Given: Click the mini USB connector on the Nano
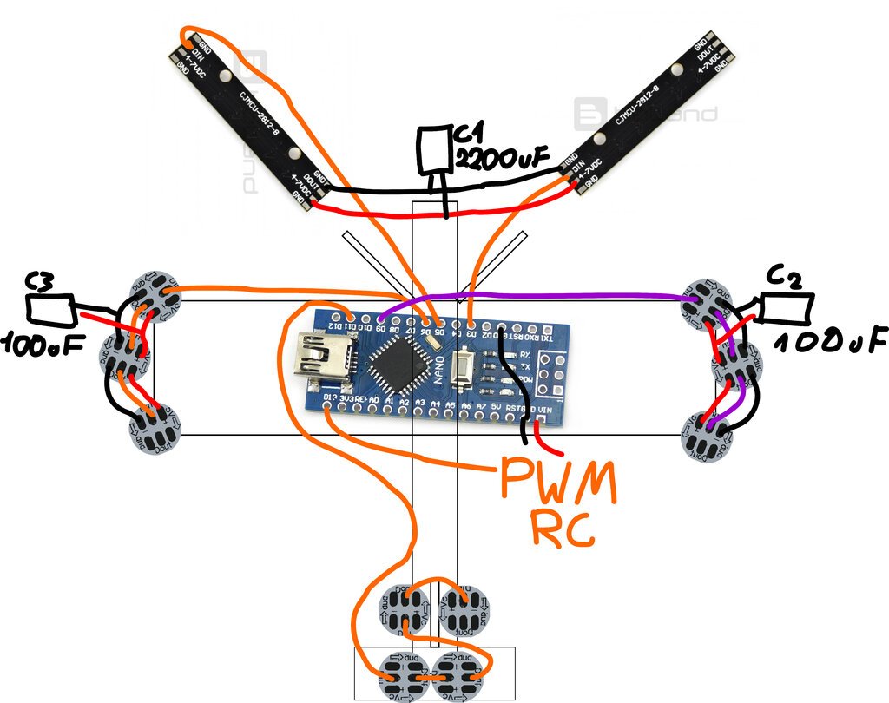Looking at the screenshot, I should click(324, 355).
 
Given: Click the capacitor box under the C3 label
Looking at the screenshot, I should click(51, 309).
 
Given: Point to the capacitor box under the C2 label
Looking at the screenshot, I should click(787, 307).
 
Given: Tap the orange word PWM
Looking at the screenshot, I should click(556, 483).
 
